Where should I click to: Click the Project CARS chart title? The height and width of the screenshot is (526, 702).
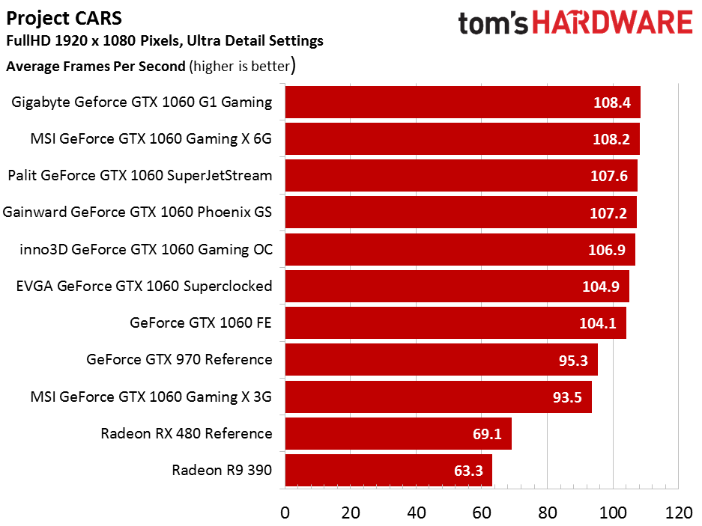click(x=64, y=19)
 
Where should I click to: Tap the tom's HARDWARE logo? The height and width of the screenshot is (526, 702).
click(x=575, y=22)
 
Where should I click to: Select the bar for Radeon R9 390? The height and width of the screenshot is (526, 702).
click(x=389, y=470)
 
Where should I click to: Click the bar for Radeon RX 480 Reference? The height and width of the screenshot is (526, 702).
click(x=399, y=433)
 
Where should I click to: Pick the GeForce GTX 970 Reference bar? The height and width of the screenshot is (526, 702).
click(x=441, y=360)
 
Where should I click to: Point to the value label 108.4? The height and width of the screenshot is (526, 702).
click(x=611, y=103)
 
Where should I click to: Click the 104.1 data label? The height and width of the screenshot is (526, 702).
click(x=598, y=323)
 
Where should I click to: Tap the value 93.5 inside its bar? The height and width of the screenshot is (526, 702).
click(x=567, y=397)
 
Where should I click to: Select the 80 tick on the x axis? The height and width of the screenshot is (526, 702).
click(x=547, y=513)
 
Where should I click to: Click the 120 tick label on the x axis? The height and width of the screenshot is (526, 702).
click(x=679, y=513)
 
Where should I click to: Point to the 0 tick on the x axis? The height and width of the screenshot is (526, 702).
click(x=285, y=513)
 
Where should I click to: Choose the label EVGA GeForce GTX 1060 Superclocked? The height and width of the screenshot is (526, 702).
click(x=144, y=286)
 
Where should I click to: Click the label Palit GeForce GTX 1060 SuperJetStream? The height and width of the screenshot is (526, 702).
click(x=140, y=175)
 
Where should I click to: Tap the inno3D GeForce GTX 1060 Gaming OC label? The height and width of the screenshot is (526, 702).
click(x=146, y=249)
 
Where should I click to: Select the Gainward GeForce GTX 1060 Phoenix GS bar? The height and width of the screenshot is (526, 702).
click(x=461, y=212)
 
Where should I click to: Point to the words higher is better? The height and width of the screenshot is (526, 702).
click(x=242, y=66)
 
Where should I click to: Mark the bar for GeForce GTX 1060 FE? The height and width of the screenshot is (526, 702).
click(x=456, y=323)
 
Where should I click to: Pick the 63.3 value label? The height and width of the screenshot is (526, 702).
click(x=468, y=471)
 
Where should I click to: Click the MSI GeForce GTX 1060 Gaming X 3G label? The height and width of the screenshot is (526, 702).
click(x=151, y=397)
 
